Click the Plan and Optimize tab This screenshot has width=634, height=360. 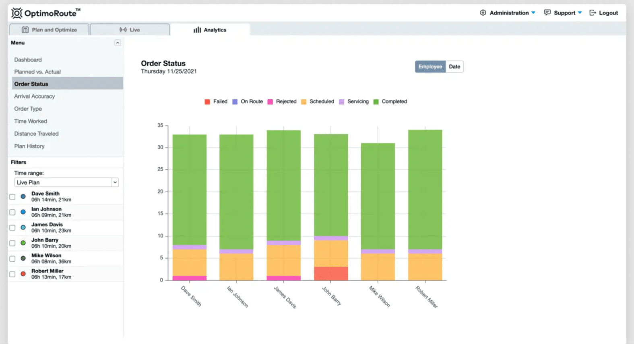coord(49,30)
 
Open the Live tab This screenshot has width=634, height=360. coord(130,30)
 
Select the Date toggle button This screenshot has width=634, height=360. coord(454,67)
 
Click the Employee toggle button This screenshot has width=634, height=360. coord(430,67)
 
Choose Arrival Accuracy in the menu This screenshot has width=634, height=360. coord(35,97)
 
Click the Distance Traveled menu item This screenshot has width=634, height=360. coord(36,134)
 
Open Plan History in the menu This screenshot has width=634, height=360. coord(29,146)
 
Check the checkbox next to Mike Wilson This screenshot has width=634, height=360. coord(12,259)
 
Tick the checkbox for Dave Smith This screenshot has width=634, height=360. coord(12,197)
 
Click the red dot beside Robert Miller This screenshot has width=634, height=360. coord(23,274)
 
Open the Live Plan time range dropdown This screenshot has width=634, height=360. coord(66,182)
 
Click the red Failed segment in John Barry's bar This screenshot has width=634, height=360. coord(331,274)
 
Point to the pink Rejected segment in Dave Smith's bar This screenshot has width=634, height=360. coord(190,278)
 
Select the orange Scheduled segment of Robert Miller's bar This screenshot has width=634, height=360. coord(425,267)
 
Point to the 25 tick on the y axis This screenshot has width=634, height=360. coord(160,169)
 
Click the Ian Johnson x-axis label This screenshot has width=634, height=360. coord(237,297)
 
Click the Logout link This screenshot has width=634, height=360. coord(603,13)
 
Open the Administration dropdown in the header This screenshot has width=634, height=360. coord(508,13)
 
